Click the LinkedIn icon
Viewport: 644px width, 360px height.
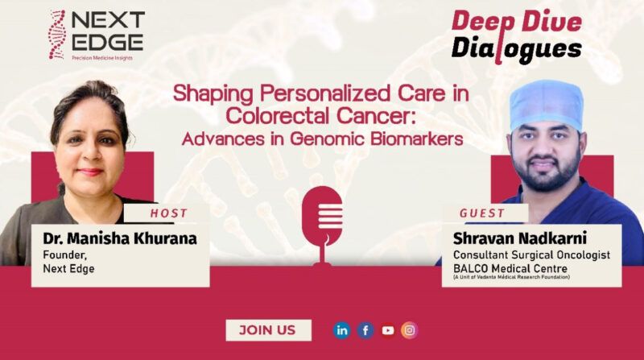click(342, 329)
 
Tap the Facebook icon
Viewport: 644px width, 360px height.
click(365, 329)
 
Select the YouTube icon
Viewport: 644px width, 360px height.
click(388, 329)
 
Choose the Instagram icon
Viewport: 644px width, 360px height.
click(410, 329)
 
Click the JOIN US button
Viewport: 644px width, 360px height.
click(268, 329)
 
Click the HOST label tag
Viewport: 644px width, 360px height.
click(169, 213)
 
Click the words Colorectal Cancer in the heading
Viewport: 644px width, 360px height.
click(321, 115)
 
